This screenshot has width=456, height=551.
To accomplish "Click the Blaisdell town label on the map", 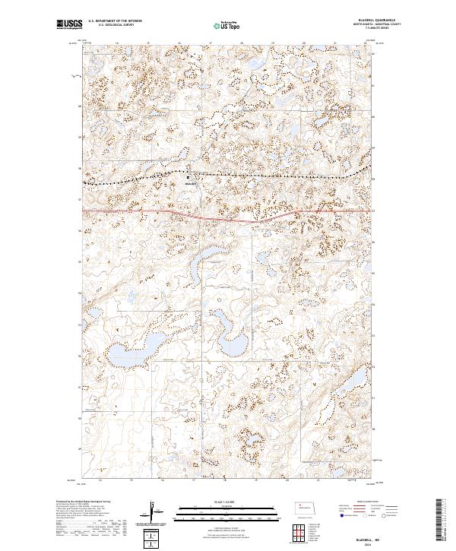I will (x=192, y=184).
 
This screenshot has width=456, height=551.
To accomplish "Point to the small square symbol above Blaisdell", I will (x=190, y=179).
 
